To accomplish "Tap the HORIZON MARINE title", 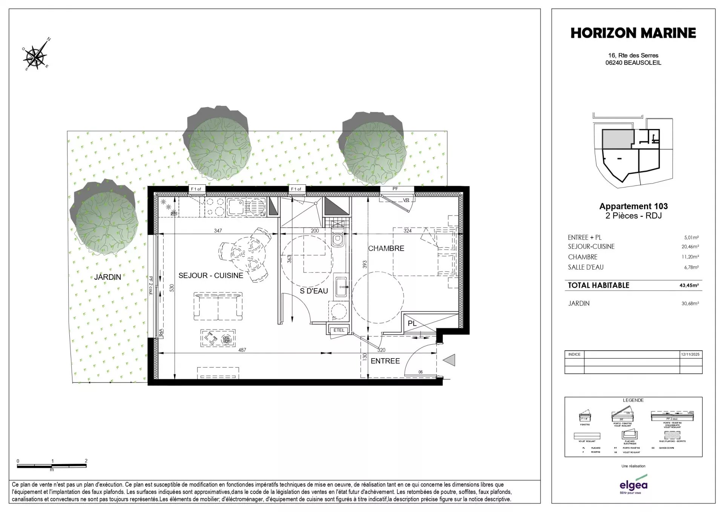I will coord(633,33).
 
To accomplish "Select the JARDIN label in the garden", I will coord(107,277).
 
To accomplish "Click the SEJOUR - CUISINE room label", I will coord(210,276).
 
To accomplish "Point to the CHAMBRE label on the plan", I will coord(386,248).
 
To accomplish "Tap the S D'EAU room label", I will coord(314,291).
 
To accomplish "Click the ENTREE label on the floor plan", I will coord(385,361).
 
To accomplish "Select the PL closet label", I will coord(412,323).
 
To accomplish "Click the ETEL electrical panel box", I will coord(339,330).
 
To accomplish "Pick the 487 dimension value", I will coord(242,350).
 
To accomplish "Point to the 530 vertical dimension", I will coord(172,288).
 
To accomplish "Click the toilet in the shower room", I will coord(337,238).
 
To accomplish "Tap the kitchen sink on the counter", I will coord(236,206).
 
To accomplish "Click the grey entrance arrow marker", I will coord(449,360).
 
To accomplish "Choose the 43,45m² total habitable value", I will coord(689,285).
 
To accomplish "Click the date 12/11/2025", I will coord(690,354).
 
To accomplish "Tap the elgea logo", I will coord(633,485).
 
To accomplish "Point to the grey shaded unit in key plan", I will coord(617,139).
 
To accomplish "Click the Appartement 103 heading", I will coord(633,206).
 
